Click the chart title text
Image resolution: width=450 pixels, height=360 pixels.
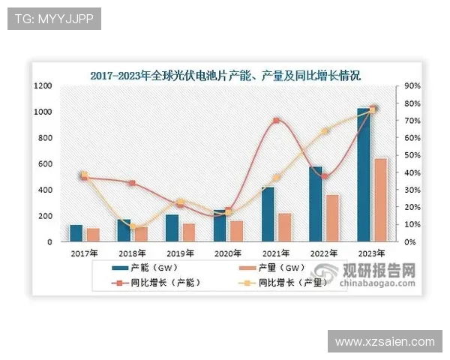tap(225, 76)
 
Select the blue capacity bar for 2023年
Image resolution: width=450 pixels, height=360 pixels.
tap(364, 176)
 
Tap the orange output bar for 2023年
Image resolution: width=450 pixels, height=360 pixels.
tap(380, 200)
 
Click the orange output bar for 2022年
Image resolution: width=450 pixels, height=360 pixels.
tap(332, 218)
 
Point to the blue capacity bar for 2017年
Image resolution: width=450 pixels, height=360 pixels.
tap(76, 233)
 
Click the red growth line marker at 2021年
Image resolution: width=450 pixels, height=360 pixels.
tap(276, 121)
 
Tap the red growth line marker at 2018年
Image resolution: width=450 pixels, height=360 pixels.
tap(132, 183)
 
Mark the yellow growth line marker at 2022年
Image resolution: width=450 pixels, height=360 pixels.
tap(325, 131)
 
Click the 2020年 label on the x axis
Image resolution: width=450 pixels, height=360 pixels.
tap(228, 254)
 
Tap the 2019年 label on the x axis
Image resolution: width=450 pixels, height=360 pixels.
tap(180, 254)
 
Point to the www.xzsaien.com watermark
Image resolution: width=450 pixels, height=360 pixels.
tap(385, 341)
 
